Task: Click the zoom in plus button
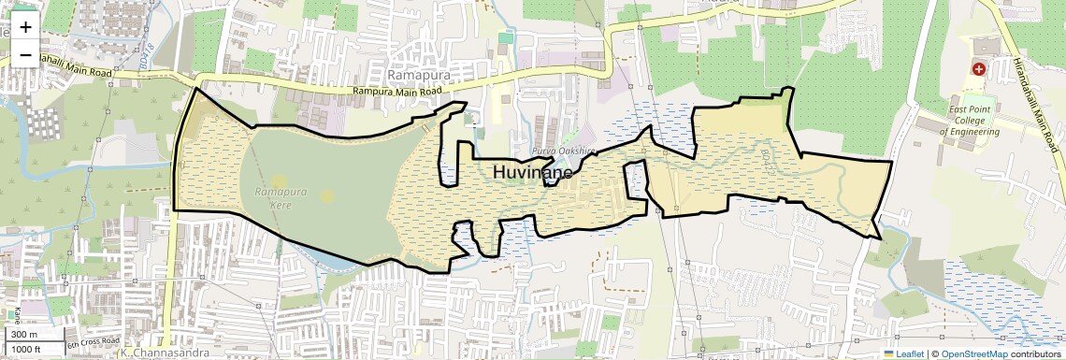[x=25, y=26]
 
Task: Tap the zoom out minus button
[x=25, y=54]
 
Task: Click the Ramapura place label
[x=419, y=74]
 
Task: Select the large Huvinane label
[x=532, y=172]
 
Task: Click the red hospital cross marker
[x=979, y=68]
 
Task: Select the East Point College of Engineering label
[x=973, y=121]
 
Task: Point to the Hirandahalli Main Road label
[x=1036, y=106]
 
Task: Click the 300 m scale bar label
[x=24, y=335]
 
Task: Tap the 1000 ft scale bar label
[x=26, y=349]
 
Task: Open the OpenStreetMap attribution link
[x=973, y=353]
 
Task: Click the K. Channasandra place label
[x=155, y=354]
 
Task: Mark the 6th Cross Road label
[x=93, y=342]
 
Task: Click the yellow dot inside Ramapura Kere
[x=326, y=195]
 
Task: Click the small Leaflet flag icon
[x=889, y=353]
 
